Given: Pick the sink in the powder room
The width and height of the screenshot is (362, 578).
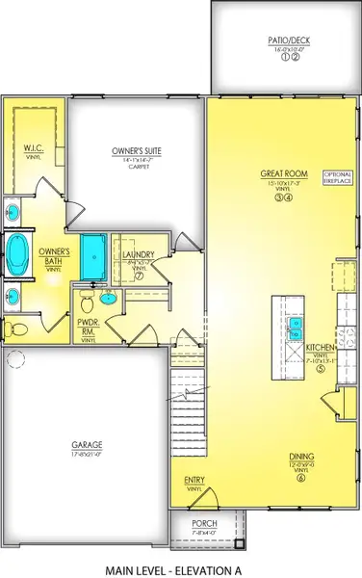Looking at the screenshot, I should tap(109, 300).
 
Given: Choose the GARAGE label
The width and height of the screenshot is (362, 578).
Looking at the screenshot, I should tap(87, 445).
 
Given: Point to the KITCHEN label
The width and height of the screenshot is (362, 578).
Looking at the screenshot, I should tap(320, 346).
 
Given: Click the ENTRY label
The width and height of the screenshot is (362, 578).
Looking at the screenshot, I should tap(194, 480).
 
